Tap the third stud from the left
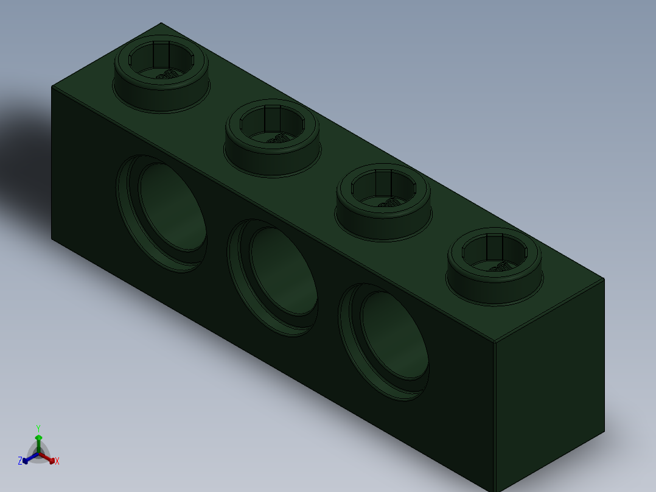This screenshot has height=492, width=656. [x=384, y=201]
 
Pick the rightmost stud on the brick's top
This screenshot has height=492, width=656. [x=494, y=265]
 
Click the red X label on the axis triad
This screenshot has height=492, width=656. [x=57, y=462]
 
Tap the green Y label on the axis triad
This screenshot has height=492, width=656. [x=38, y=428]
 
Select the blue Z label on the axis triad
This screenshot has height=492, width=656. [x=20, y=461]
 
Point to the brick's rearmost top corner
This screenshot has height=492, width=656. [x=161, y=23]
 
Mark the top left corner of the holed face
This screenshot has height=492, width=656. [x=52, y=86]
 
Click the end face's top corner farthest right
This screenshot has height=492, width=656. [x=604, y=279]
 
